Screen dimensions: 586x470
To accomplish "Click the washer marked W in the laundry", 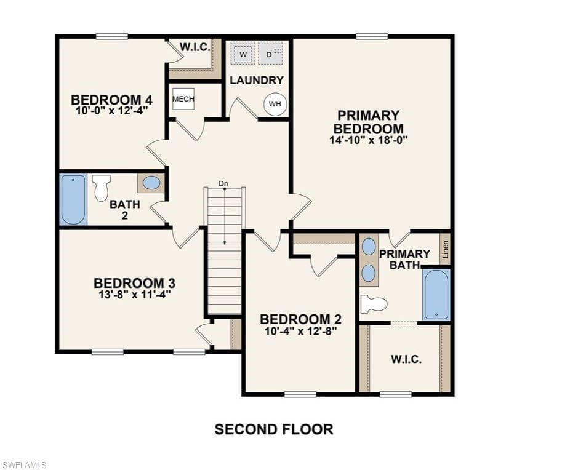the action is (243, 54).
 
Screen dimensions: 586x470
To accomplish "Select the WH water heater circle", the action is (275, 103).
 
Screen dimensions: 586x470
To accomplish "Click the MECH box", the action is (183, 98).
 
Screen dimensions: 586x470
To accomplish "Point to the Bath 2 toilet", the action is (102, 188).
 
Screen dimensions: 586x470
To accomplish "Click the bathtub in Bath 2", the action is (74, 199).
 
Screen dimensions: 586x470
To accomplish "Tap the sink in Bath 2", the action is (151, 183).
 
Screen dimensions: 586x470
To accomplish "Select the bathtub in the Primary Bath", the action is (436, 295).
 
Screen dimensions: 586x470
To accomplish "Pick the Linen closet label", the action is (445, 249).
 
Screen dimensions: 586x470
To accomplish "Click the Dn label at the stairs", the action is (223, 183).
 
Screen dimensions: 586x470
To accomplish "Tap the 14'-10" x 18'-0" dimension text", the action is (368, 140).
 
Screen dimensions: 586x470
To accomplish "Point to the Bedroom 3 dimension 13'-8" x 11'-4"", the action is (135, 295).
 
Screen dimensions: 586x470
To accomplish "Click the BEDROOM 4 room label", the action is (112, 100).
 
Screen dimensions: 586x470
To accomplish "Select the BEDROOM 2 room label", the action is (300, 319).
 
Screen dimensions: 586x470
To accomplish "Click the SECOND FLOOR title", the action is (274, 429).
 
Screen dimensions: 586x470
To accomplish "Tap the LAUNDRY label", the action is (257, 80).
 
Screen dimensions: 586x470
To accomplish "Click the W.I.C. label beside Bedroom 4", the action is (195, 47).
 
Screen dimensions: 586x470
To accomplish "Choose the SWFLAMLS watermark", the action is (23, 464).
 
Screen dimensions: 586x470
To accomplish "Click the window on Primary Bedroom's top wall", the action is (372, 36).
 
